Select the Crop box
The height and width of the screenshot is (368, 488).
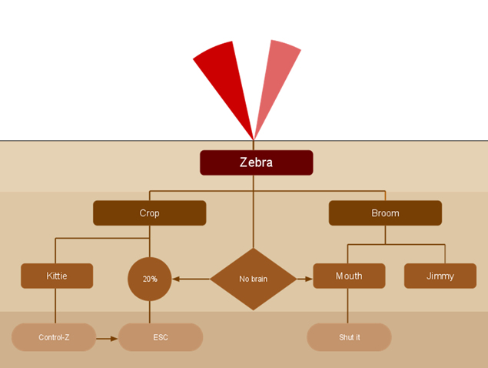(149, 213)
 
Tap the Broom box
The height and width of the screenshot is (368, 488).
(385, 213)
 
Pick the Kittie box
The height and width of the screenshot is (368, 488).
(57, 276)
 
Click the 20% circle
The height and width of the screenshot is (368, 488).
(150, 279)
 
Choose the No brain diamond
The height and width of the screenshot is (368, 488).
(253, 279)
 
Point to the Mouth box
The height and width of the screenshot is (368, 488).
(349, 276)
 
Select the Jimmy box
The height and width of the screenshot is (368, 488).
(440, 276)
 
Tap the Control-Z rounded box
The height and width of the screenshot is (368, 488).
(54, 337)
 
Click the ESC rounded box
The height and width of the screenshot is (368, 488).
(161, 337)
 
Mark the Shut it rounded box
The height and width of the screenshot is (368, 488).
(349, 337)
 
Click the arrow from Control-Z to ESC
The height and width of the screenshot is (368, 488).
(107, 337)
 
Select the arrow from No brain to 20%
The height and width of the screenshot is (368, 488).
(191, 279)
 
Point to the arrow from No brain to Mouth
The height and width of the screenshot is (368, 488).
(305, 279)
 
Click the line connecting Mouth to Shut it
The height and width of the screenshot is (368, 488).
(349, 306)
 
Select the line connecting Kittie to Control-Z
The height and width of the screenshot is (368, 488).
(56, 306)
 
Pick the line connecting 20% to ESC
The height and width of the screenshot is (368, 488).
(150, 312)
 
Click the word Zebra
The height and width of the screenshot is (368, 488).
(256, 162)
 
